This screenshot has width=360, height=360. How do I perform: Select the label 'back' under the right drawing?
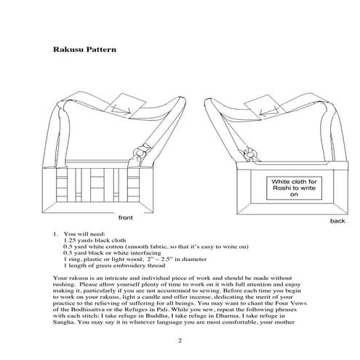(337, 220)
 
